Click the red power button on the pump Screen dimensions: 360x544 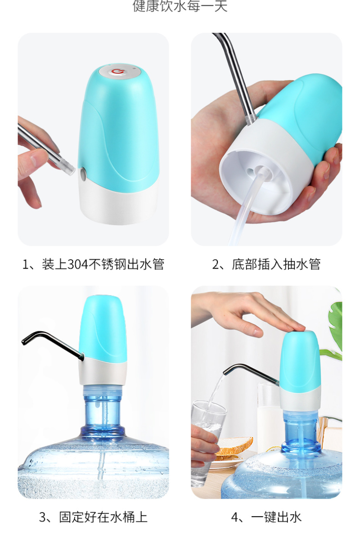[117, 72]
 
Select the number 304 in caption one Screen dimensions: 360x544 [77, 265]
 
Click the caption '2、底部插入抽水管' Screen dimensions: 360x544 [266, 264]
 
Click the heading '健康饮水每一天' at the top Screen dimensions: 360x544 [180, 6]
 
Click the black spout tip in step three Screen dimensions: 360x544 [25, 341]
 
